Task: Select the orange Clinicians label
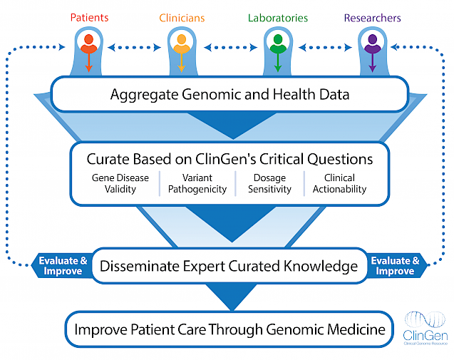click(x=181, y=17)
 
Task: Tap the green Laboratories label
click(x=277, y=17)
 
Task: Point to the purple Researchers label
click(x=372, y=17)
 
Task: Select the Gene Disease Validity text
click(x=120, y=184)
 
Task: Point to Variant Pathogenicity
click(x=197, y=184)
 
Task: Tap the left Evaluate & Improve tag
click(x=63, y=266)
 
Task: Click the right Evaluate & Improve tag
click(x=394, y=266)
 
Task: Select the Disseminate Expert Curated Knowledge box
click(x=228, y=267)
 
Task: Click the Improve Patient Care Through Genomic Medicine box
click(x=228, y=330)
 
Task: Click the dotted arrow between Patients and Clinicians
click(x=134, y=48)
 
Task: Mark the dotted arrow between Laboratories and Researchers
click(x=324, y=48)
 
